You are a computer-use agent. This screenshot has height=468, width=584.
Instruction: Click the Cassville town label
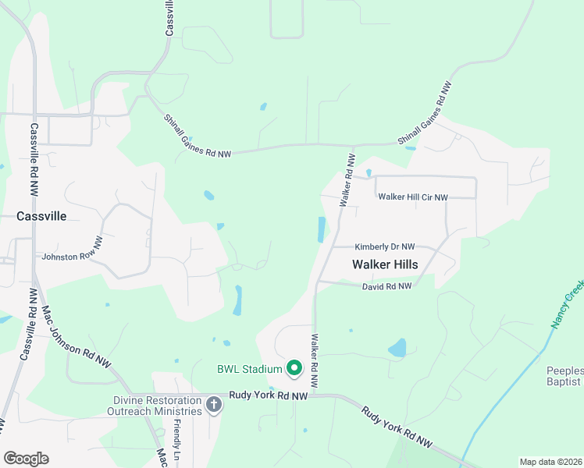click(x=41, y=216)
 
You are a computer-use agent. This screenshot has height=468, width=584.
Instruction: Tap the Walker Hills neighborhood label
click(x=384, y=264)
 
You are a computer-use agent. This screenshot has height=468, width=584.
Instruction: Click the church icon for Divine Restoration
click(x=214, y=404)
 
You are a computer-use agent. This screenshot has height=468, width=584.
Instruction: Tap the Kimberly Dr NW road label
click(x=385, y=246)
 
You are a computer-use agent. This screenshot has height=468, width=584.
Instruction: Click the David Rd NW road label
click(x=386, y=287)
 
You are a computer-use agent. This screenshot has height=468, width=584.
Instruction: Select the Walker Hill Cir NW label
click(x=413, y=197)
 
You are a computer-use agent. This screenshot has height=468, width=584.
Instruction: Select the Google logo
click(x=26, y=459)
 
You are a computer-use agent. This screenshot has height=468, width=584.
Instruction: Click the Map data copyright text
click(x=550, y=462)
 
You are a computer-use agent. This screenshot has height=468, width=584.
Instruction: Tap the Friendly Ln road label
click(x=176, y=441)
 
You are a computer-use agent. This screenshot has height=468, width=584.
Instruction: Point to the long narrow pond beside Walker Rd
click(x=322, y=229)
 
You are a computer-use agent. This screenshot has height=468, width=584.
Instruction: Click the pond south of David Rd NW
click(x=397, y=347)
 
